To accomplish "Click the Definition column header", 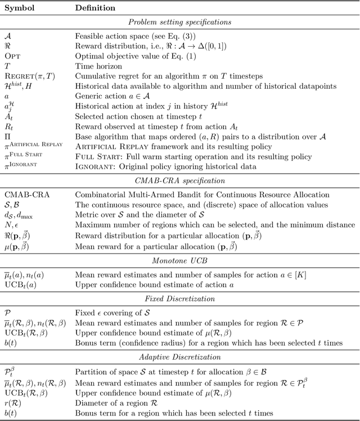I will [x=95, y=8].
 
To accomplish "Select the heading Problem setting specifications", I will [x=179, y=22].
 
